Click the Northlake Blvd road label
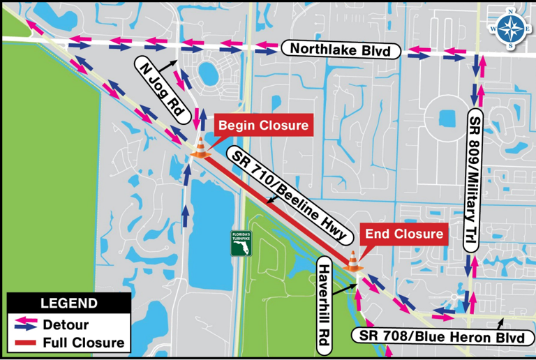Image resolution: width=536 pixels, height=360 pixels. click(x=341, y=50)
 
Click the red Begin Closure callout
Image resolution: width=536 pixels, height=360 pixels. click(x=264, y=126)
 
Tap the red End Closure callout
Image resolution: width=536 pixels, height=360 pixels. click(x=405, y=234)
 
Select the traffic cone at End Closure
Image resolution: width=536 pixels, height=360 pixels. click(x=352, y=261)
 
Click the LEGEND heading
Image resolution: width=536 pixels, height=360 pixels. click(x=68, y=303)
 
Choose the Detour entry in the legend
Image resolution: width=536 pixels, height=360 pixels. click(x=66, y=324)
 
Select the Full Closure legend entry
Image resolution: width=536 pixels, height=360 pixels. click(x=84, y=343)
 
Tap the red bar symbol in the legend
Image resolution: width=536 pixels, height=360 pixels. click(x=24, y=343)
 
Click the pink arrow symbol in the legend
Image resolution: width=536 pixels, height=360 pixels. click(x=25, y=320)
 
